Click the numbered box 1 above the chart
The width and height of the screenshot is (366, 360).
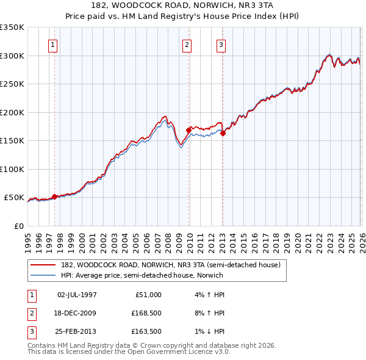pos(53,45)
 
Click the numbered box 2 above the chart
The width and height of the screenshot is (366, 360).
pos(187,45)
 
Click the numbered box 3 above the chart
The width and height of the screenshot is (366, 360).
pos(221,45)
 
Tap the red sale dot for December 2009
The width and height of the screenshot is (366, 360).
pos(188,130)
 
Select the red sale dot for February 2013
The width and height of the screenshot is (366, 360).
pos(223,134)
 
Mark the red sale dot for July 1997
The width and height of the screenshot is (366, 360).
pos(54,196)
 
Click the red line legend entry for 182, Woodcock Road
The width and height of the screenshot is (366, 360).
pos(170,265)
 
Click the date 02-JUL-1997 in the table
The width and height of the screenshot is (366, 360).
pos(76,295)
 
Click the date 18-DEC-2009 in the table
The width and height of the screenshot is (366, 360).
pos(76,313)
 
